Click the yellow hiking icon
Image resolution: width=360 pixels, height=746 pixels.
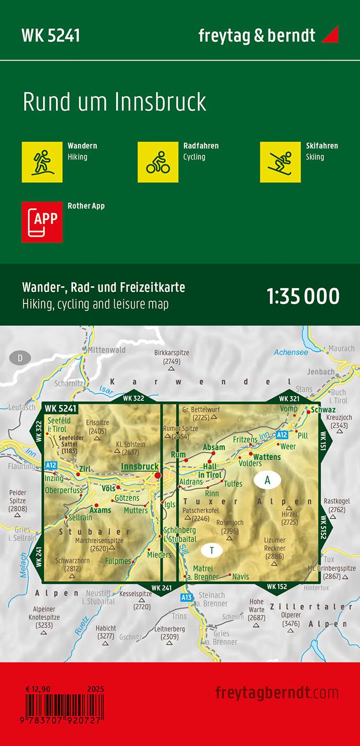click(42, 162)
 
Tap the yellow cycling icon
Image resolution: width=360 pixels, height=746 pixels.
click(158, 162)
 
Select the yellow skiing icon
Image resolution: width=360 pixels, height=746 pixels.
click(280, 162)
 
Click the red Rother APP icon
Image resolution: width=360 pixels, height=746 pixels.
click(42, 222)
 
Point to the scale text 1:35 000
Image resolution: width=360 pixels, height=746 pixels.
click(303, 296)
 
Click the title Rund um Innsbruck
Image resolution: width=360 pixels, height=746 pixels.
click(114, 102)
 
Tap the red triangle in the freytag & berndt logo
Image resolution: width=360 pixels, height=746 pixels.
click(330, 36)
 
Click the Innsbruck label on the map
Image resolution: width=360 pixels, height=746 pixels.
click(139, 466)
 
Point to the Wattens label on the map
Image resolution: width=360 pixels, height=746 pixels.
click(267, 456)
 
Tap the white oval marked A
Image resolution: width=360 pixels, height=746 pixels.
click(267, 480)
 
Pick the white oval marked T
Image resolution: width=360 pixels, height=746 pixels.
click(211, 550)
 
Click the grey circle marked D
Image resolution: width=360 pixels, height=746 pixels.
click(20, 358)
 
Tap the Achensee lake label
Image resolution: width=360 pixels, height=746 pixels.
click(291, 352)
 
